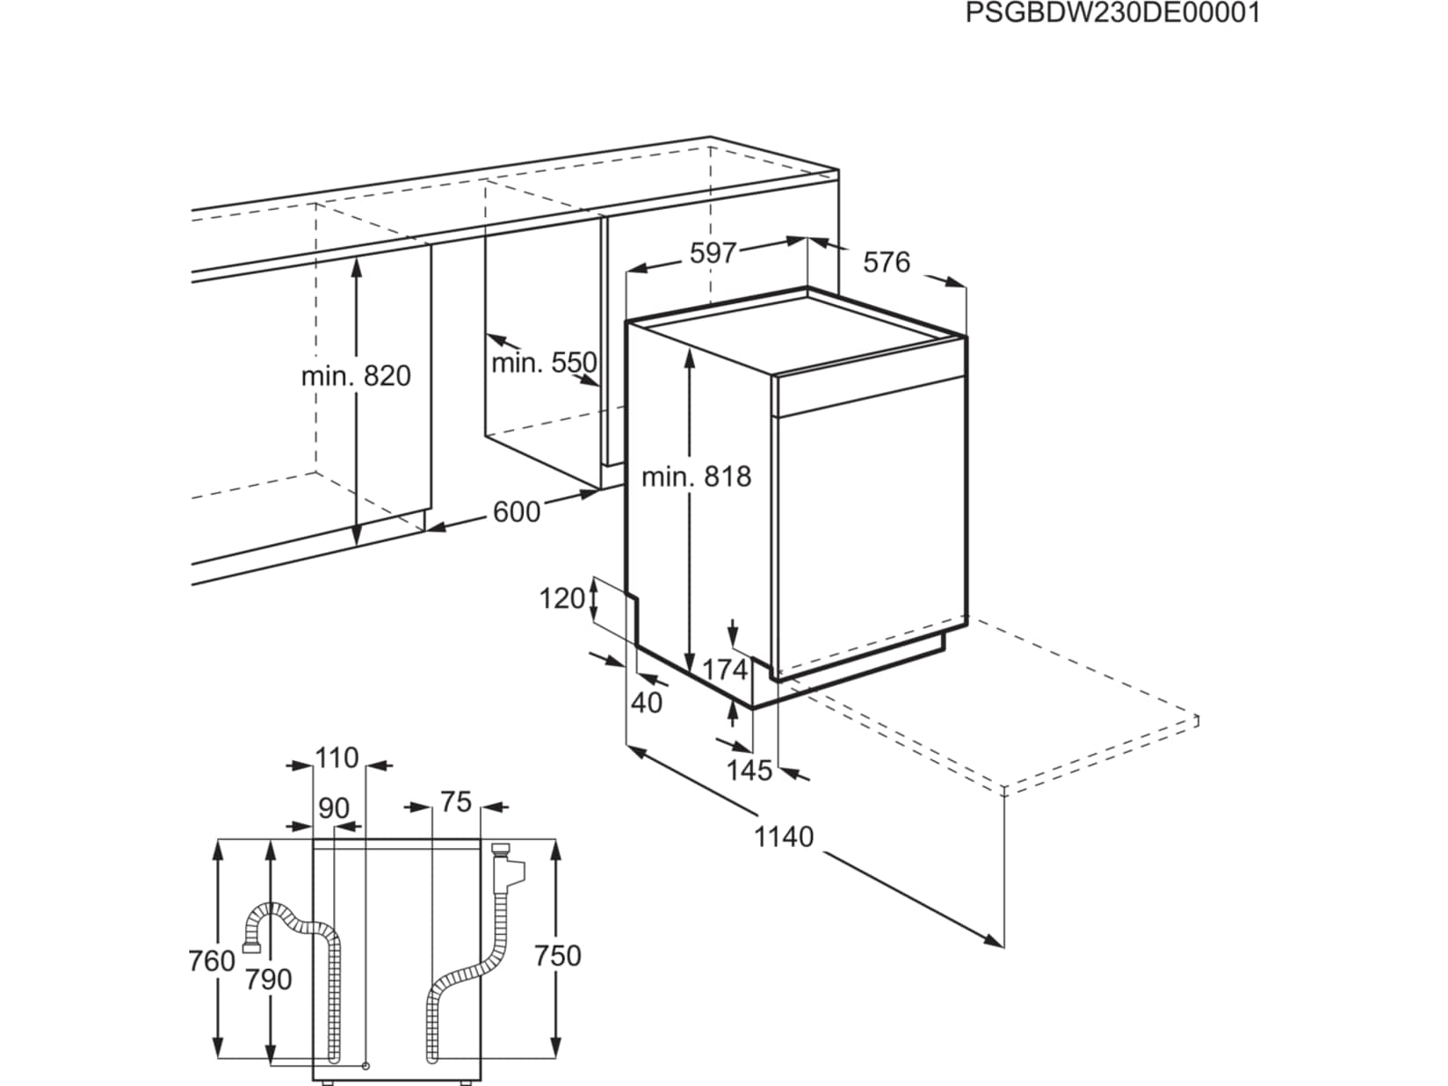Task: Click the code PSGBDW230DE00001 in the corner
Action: pos(1113,14)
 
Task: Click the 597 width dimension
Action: pos(712,253)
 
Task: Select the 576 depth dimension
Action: pos(887,262)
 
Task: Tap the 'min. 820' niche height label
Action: pos(356,376)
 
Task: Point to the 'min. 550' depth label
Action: pos(544,363)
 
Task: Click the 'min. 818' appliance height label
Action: pos(697,476)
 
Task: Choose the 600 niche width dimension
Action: pos(517,511)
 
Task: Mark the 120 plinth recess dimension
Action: pos(562,599)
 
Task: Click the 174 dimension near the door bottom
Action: pos(724,670)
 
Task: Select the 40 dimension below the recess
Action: pos(646,703)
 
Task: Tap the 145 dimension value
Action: pos(748,770)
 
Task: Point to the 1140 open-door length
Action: pos(784,837)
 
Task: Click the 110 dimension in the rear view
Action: pos(337,758)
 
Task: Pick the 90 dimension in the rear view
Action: pos(333,808)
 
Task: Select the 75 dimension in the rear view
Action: pos(456,803)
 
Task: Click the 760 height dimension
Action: pos(212,961)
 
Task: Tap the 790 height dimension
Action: pos(268,980)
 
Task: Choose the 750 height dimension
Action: pos(557,956)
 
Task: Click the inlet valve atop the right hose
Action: pos(509,863)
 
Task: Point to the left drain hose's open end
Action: pos(252,948)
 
